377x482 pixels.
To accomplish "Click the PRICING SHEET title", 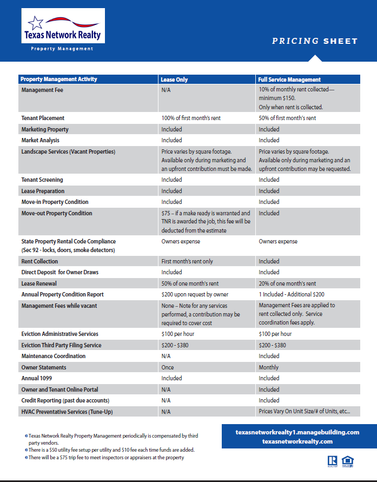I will click(314, 41).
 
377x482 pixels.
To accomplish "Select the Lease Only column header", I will click(175, 80).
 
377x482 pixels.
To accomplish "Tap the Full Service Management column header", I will click(289, 80).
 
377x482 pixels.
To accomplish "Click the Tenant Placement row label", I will click(43, 118).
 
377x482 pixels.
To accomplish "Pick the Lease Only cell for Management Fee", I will click(166, 90).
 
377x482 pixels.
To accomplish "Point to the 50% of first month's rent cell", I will click(287, 118).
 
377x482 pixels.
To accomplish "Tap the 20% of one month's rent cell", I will click(287, 283).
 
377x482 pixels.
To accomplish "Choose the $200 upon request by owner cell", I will click(195, 295).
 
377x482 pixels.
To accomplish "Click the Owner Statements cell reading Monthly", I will click(269, 367).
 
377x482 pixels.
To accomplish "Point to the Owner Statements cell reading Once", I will click(167, 367).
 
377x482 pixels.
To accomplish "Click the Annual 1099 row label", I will click(37, 379).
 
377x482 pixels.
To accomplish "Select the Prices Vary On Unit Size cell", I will click(305, 412).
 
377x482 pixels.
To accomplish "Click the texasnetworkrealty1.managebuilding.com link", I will click(297, 432).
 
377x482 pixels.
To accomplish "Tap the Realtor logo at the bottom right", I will click(332, 461).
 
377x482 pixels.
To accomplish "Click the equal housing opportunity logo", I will click(348, 461).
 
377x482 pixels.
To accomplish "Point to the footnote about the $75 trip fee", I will click(106, 458).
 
